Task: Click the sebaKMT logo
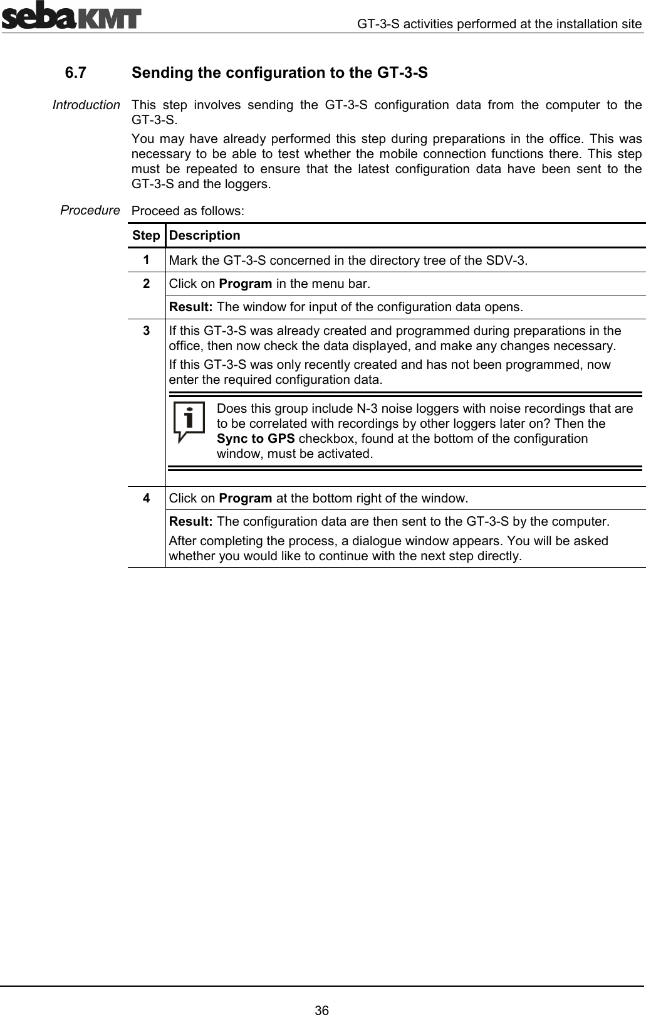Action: (71, 16)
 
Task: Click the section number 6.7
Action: (76, 73)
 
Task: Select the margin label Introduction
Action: (86, 105)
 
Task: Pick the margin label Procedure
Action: (90, 210)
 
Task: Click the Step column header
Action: (146, 236)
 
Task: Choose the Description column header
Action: (204, 236)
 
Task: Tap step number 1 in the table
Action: (145, 260)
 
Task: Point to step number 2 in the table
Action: (145, 284)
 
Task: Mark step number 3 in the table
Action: (145, 331)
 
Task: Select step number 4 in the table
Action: (145, 499)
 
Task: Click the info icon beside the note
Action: (189, 422)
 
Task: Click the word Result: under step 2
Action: (191, 307)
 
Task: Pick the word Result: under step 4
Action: (191, 522)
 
